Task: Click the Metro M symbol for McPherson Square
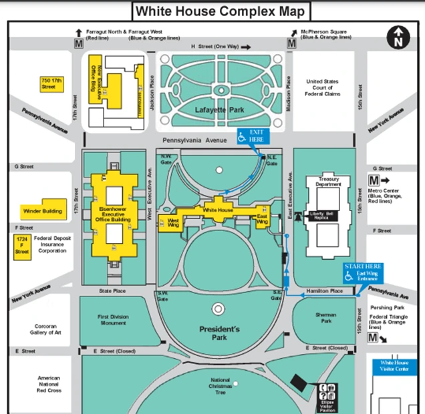291,43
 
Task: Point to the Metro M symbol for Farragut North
78,43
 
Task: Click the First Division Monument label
112,320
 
